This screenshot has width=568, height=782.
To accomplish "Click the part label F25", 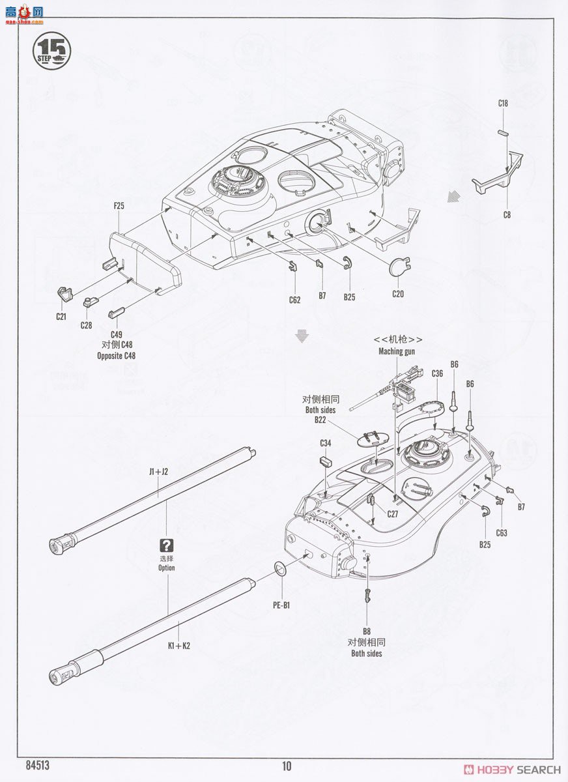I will (119, 206).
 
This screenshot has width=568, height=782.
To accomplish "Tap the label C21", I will (61, 316).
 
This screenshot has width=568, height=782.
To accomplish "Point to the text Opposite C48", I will (117, 356).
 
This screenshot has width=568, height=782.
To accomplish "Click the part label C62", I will (294, 300).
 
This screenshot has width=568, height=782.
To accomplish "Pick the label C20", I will (398, 294).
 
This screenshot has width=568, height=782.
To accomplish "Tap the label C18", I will (503, 103).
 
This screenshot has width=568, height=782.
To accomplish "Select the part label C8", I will (506, 214).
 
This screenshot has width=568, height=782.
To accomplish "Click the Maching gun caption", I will (397, 351).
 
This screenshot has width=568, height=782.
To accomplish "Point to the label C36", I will (437, 373).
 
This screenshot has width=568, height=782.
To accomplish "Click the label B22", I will (320, 420).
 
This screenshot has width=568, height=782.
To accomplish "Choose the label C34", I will (325, 443).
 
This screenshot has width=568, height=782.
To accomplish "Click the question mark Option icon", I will (167, 546).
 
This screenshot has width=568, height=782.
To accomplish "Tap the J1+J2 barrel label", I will (158, 472).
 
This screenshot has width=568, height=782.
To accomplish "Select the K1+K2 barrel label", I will (178, 646).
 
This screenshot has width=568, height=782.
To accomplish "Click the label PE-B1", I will (281, 605).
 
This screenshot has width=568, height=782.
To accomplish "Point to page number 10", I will (287, 766).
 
